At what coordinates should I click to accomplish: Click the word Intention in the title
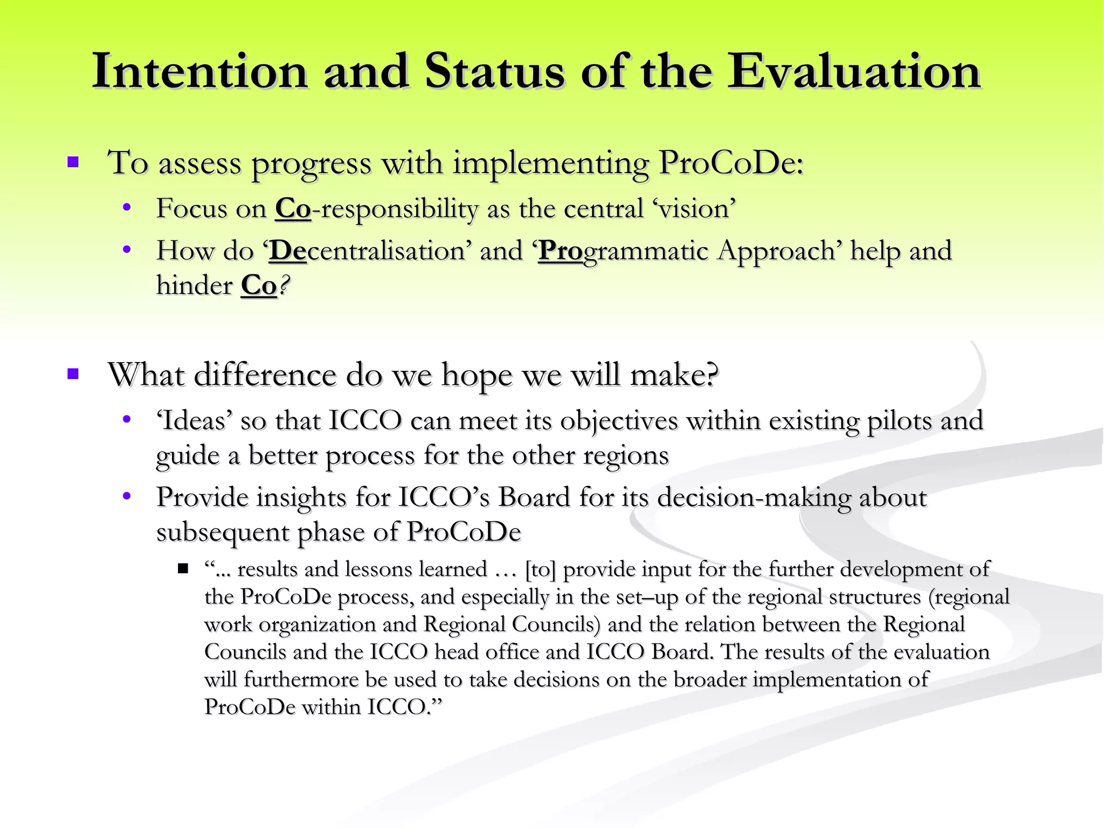tap(199, 72)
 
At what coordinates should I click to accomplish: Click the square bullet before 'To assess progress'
tap(73, 162)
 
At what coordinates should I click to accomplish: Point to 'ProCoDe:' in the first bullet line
tap(731, 162)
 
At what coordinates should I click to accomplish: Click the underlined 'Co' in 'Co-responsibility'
tap(293, 209)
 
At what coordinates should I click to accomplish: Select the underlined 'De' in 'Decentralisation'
tap(288, 251)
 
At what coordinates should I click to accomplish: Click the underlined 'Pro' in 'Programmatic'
tap(561, 251)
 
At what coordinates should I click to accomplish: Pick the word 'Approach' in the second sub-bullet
tap(776, 251)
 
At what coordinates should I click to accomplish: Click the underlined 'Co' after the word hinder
tap(259, 286)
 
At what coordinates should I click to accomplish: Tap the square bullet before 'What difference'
tap(73, 374)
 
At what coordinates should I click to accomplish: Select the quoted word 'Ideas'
tap(194, 421)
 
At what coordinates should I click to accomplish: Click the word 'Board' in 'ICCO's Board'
tap(534, 497)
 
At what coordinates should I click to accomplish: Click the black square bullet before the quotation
tap(183, 569)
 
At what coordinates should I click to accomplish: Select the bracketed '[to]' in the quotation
tap(540, 570)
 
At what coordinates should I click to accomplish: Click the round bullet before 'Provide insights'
tap(127, 496)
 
